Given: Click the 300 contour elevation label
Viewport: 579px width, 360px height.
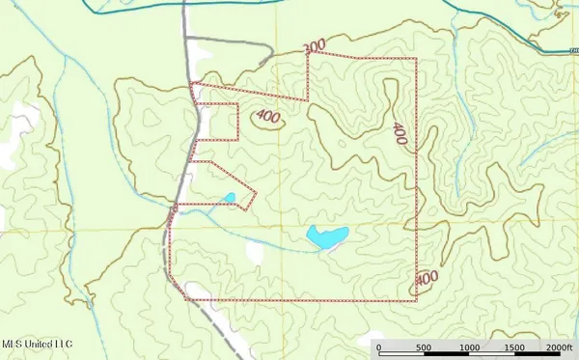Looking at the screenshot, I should pyautogui.click(x=313, y=47).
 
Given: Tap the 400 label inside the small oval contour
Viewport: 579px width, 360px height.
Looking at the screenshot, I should pyautogui.click(x=269, y=118).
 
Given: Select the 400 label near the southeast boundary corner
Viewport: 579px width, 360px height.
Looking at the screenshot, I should pyautogui.click(x=426, y=280).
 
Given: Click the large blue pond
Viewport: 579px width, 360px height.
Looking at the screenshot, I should pyautogui.click(x=326, y=236).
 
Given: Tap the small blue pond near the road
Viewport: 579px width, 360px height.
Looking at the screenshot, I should pyautogui.click(x=230, y=199).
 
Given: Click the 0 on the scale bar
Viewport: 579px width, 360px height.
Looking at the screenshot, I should pyautogui.click(x=378, y=347).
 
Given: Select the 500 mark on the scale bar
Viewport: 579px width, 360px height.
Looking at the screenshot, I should pyautogui.click(x=423, y=347).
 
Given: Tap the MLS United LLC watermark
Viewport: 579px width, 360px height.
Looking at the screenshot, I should pyautogui.click(x=37, y=343).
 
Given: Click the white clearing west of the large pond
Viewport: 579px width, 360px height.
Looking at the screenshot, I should pyautogui.click(x=255, y=251).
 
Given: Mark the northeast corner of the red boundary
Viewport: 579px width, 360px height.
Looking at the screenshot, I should pyautogui.click(x=416, y=58).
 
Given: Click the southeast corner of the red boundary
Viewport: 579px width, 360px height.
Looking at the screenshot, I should pyautogui.click(x=416, y=299).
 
